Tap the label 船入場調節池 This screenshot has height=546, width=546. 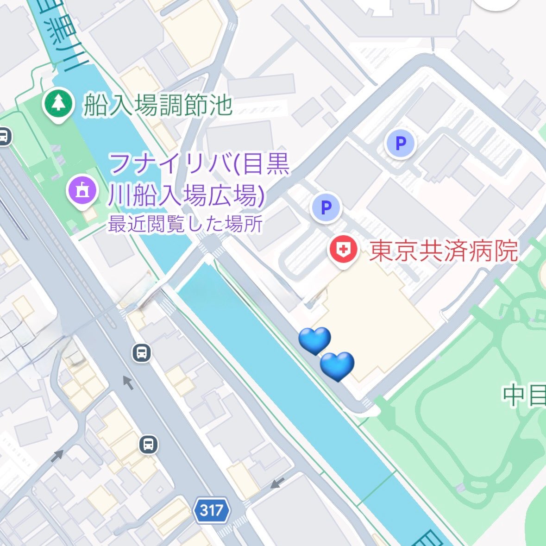tap(157, 106)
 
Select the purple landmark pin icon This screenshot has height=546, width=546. tap(82, 190)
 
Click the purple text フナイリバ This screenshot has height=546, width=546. tap(169, 164)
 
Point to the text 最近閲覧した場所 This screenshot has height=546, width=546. tap(185, 225)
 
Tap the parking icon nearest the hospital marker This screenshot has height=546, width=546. tap(326, 207)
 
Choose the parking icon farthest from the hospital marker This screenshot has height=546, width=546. tap(401, 143)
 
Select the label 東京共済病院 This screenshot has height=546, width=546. tap(443, 251)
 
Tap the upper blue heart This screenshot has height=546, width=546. tap(315, 340)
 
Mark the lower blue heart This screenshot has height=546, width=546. tap(337, 366)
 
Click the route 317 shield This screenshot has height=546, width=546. tap(212, 510)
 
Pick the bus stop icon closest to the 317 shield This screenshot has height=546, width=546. tap(148, 445)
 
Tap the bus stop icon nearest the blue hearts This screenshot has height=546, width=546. tap(142, 353)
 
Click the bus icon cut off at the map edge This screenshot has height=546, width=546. tap(4, 137)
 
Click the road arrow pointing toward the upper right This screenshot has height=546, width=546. tap(57, 456)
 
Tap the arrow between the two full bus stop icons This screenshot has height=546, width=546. tap(127, 383)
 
